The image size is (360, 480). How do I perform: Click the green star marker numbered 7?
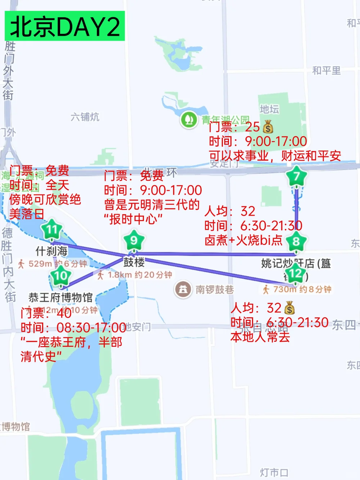pyautogui.click(x=296, y=176)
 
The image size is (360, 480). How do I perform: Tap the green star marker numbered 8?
pyautogui.click(x=296, y=241)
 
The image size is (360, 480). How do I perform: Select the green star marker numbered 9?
pyautogui.click(x=134, y=240)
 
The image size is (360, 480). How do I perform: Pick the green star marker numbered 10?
pyautogui.click(x=60, y=276)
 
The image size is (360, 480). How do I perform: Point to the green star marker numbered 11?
pyautogui.click(x=52, y=229)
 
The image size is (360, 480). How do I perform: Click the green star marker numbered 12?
pyautogui.click(x=295, y=273)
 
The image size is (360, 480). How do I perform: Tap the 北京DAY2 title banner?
pyautogui.click(x=65, y=26)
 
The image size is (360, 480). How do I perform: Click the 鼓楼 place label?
pyautogui.click(x=134, y=262)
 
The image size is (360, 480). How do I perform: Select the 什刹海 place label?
pyautogui.click(x=51, y=251)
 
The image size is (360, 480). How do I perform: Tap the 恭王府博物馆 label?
pyautogui.click(x=60, y=297)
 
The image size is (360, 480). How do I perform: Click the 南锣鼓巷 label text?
pyautogui.click(x=215, y=290)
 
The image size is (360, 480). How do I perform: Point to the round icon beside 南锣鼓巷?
pyautogui.click(x=183, y=289)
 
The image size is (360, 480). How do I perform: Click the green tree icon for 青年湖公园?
pyautogui.click(x=189, y=119)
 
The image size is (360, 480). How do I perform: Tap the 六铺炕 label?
pyautogui.click(x=85, y=117)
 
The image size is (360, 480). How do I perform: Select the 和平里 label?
pyautogui.click(x=327, y=71)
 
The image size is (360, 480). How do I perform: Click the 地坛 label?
pyautogui.click(x=269, y=109)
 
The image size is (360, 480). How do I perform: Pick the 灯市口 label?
pyautogui.click(x=274, y=472)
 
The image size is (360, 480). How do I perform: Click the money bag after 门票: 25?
pyautogui.click(x=268, y=127)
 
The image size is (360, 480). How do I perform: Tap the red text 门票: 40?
pyautogui.click(x=46, y=313)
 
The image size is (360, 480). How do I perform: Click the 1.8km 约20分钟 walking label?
pyautogui.click(x=135, y=275)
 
